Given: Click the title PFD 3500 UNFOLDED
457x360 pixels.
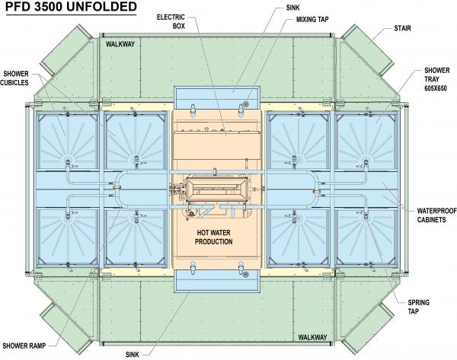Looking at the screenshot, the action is pyautogui.click(x=71, y=7).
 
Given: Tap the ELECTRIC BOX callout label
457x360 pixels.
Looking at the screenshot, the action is pyautogui.click(x=171, y=21).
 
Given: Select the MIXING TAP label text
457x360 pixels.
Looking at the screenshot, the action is pyautogui.click(x=312, y=20).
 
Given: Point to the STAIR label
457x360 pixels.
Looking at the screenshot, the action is pyautogui.click(x=402, y=28).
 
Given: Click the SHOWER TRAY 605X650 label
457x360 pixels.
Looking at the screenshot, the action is pyautogui.click(x=436, y=79).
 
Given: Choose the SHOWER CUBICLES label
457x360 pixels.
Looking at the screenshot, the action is pyautogui.click(x=14, y=78).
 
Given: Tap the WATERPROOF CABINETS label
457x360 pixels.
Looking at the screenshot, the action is pyautogui.click(x=436, y=215).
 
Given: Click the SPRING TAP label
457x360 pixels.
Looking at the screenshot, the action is pyautogui.click(x=418, y=307).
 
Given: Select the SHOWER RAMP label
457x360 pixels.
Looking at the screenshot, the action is pyautogui.click(x=24, y=346).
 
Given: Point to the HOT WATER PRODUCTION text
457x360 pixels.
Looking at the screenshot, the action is pyautogui.click(x=213, y=237).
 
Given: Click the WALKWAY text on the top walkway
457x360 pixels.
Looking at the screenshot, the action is pyautogui.click(x=120, y=44).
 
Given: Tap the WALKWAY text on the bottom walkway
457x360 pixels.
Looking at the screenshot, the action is pyautogui.click(x=312, y=337).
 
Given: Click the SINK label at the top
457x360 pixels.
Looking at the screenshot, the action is pyautogui.click(x=292, y=8).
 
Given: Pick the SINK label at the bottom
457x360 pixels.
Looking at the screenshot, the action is pyautogui.click(x=133, y=355).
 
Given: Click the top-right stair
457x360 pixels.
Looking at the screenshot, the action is pyautogui.click(x=368, y=49).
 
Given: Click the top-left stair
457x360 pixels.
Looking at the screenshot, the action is pyautogui.click(x=66, y=50).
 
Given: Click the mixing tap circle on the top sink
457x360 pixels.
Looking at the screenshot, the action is pyautogui.click(x=245, y=104).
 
